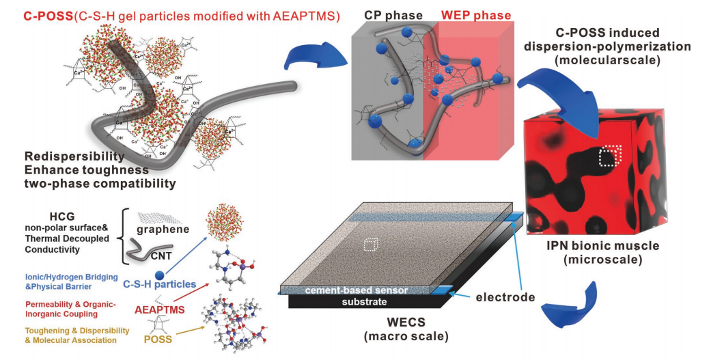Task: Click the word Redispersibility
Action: coord(74,156)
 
